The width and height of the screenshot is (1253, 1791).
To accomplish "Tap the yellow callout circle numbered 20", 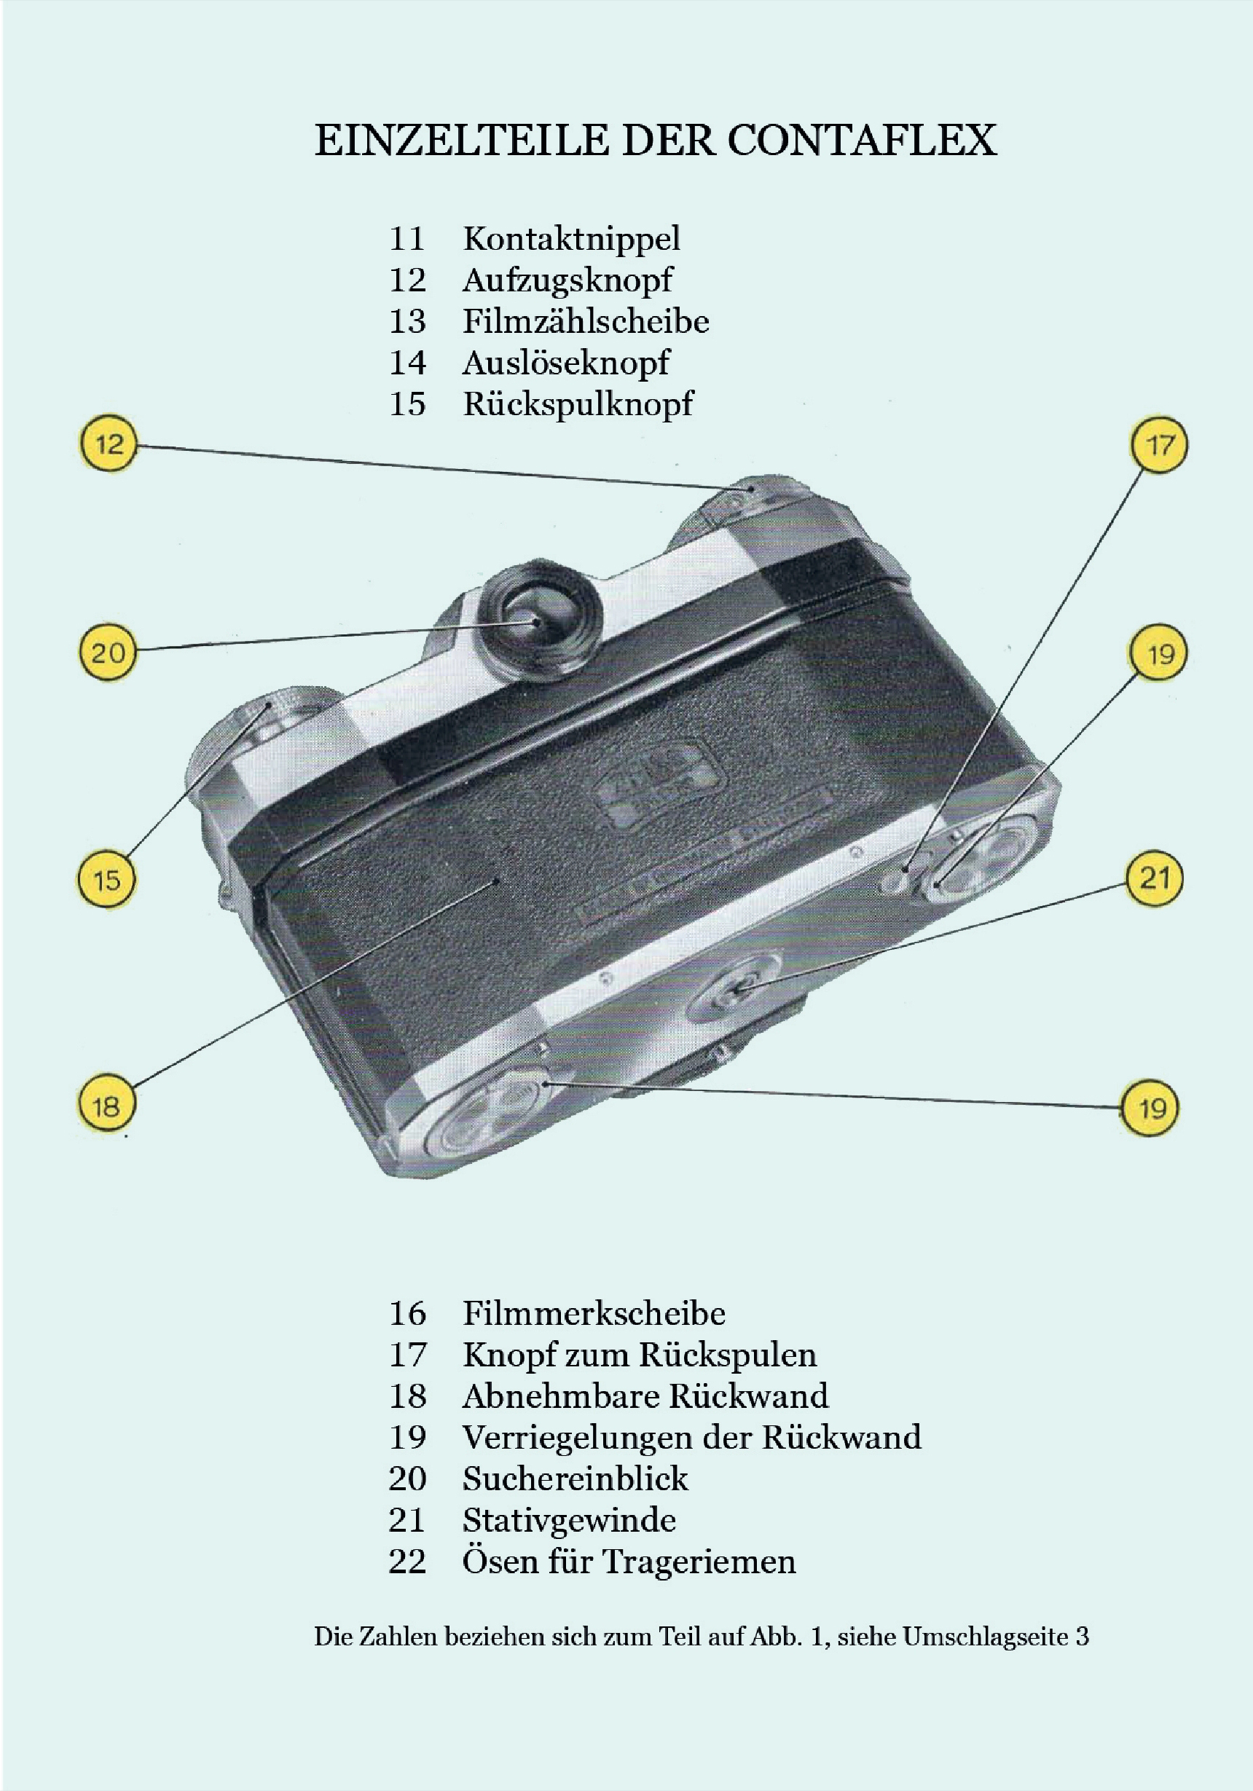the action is tap(108, 652).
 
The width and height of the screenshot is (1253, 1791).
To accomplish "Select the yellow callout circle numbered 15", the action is tap(107, 881).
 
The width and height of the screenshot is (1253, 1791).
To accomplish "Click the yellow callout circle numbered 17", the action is tap(1159, 446).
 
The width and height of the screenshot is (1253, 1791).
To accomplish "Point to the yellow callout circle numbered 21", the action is tap(1155, 879).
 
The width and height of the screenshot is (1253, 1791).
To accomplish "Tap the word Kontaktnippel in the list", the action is tap(571, 239).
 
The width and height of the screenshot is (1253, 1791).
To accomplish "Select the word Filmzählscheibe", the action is tap(586, 320).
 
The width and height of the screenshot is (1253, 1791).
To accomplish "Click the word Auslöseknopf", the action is tap(565, 363).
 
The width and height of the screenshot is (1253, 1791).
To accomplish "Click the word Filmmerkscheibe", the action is tap(594, 1312).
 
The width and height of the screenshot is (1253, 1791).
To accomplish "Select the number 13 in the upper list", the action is tap(407, 321).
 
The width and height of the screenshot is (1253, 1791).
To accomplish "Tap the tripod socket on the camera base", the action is tap(737, 989).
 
